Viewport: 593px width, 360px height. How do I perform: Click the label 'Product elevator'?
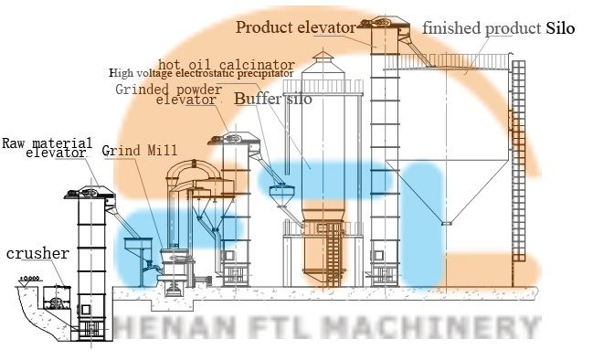click(x=294, y=27)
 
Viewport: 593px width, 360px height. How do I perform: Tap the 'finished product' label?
click(x=482, y=28)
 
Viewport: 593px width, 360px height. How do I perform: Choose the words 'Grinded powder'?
click(x=168, y=90)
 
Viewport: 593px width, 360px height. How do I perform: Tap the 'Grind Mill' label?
click(x=140, y=149)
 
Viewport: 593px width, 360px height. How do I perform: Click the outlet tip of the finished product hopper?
click(x=445, y=220)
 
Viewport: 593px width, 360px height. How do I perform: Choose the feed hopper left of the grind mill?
click(x=134, y=248)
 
